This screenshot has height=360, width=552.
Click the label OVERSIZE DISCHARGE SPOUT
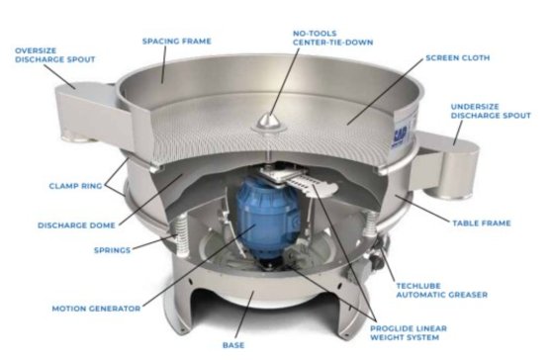pyautogui.click(x=55, y=55)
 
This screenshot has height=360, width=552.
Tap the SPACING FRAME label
pyautogui.click(x=177, y=42)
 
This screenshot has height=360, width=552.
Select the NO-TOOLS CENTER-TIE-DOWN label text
pyautogui.click(x=332, y=38)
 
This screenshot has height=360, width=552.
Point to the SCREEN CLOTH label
pyautogui.click(x=458, y=57)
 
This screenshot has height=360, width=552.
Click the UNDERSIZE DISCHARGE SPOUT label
pyautogui.click(x=491, y=111)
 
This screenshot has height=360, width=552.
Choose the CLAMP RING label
pyautogui.click(x=76, y=186)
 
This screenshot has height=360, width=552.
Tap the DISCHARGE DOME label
pyautogui.click(x=76, y=225)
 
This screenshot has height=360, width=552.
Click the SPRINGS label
pyautogui.click(x=113, y=250)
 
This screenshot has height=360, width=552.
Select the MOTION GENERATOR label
pyautogui.click(x=97, y=309)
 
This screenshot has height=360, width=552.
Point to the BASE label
pyautogui.click(x=233, y=345)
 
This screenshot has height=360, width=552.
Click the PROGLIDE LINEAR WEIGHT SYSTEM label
pyautogui.click(x=409, y=333)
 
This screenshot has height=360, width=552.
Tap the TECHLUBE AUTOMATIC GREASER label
pyautogui.click(x=442, y=291)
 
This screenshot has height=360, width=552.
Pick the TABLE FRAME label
pyautogui.click(x=481, y=224)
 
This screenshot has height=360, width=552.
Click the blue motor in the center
pyautogui.click(x=267, y=220)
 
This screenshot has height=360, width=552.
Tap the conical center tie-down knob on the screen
pyautogui.click(x=269, y=122)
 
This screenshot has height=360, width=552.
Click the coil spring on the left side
pyautogui.click(x=181, y=233)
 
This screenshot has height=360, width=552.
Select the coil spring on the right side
pyautogui.click(x=370, y=225)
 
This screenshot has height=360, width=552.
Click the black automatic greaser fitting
pyautogui.click(x=380, y=251)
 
